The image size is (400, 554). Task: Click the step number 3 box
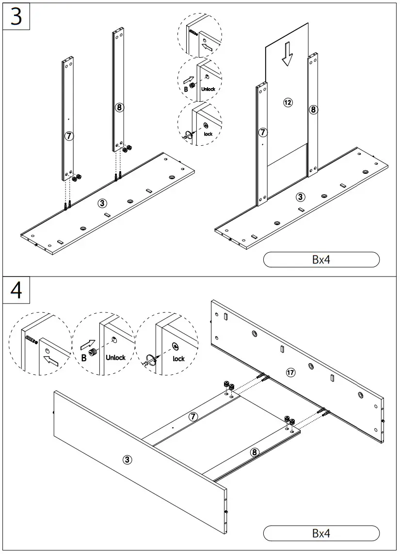point(16,16)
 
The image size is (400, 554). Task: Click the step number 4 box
point(16,291)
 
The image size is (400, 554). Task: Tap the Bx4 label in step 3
point(321,260)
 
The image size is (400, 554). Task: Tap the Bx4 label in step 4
point(321,533)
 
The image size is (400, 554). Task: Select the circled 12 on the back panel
point(288,102)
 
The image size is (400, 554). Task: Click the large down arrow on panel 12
point(287,54)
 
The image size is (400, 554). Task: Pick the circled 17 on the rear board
point(290,372)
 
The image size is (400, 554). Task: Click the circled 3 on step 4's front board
point(128,460)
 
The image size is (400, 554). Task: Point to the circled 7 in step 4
point(193,416)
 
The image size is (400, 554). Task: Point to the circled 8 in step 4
point(255,453)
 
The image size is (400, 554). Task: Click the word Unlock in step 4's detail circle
point(115,358)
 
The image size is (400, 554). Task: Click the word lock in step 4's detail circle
point(179,359)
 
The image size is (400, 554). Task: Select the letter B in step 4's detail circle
point(84,358)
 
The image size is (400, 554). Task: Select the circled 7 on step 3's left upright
point(69,136)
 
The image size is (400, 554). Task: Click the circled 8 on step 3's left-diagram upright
point(119,107)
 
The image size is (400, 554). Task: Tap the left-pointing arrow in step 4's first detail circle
point(50,360)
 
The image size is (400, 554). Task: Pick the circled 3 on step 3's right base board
point(301,197)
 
